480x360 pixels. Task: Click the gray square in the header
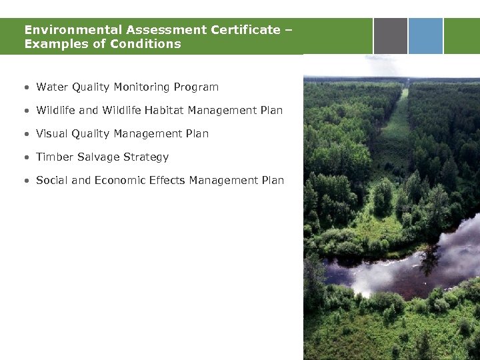390,35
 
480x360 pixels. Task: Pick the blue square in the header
425,35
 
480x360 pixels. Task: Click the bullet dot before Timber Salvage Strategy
25,158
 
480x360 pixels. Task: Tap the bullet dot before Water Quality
25,88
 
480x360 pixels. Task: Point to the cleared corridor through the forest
401,133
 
